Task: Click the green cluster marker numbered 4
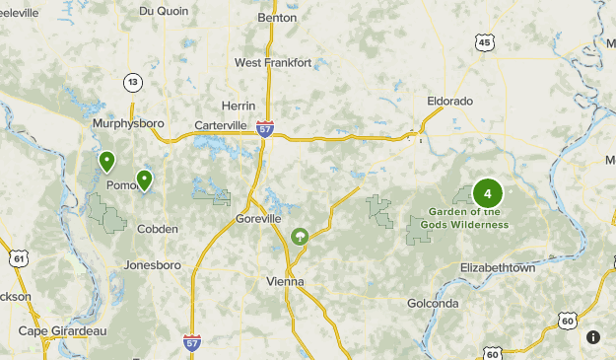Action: pos(487,193)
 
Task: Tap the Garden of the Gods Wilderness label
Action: pos(468,218)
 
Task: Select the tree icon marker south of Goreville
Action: pos(300,236)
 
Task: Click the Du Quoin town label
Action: pos(162,12)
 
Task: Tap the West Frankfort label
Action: pos(273,62)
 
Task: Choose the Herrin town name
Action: pos(239,106)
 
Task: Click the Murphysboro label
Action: pos(127,123)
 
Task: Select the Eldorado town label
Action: pos(450,101)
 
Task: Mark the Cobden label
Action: pos(158,229)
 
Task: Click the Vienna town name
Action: pos(286,281)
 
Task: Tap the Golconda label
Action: pos(433,303)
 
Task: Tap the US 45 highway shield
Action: pos(483,41)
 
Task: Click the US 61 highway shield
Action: pos(18,258)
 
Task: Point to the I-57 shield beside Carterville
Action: pos(264,128)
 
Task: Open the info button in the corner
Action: pos(593,337)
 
